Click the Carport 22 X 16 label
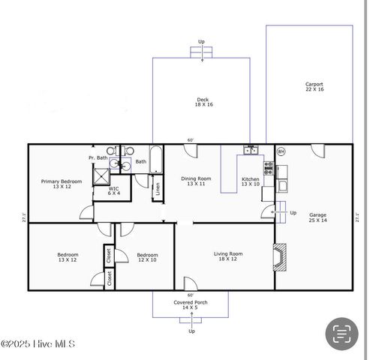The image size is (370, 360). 314,86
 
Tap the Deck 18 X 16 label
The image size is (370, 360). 203,102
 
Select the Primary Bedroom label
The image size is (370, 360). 61,184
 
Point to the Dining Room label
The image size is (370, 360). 196,181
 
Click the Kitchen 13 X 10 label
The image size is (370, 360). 250,181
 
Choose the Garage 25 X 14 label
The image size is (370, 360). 317,217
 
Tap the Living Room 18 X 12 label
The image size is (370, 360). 230,256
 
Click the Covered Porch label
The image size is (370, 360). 191,304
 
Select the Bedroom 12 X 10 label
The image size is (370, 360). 147,257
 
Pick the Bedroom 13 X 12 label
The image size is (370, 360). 68,257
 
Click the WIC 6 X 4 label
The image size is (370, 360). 113,191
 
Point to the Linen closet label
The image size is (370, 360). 157,189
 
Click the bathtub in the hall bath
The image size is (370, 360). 156,160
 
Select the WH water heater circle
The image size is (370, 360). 281,151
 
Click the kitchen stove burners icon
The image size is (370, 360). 268,163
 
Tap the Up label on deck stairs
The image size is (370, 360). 201,42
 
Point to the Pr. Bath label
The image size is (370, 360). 98,158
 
